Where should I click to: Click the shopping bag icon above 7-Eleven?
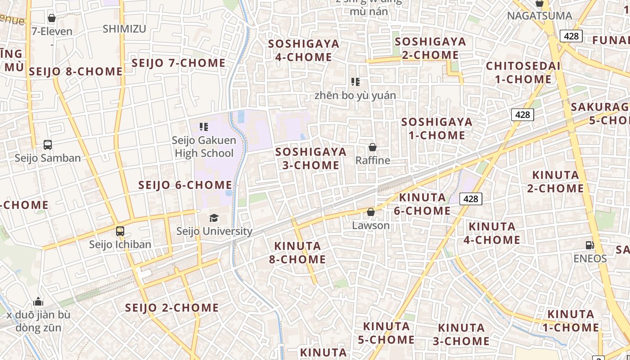pyautogui.click(x=52, y=18)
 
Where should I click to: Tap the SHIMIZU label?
pyautogui.click(x=124, y=29)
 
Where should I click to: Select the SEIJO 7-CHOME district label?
pyautogui.click(x=178, y=63)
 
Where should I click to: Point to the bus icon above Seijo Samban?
pyautogui.click(x=48, y=145)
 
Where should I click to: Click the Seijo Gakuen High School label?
pyautogui.click(x=204, y=147)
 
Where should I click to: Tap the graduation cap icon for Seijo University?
pyautogui.click(x=214, y=218)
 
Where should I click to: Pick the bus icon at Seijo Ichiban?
pyautogui.click(x=120, y=231)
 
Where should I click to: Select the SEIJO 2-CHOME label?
pyautogui.click(x=172, y=308)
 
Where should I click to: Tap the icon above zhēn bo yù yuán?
pyautogui.click(x=355, y=82)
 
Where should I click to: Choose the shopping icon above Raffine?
pyautogui.click(x=373, y=147)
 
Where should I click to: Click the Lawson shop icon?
pyautogui.click(x=371, y=212)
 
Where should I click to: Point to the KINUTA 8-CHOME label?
pyautogui.click(x=297, y=252)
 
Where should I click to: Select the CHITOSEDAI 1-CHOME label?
pyautogui.click(x=523, y=72)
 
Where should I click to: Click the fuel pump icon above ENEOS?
pyautogui.click(x=589, y=245)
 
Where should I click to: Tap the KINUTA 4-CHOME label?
pyautogui.click(x=492, y=233)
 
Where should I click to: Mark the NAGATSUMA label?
pyautogui.click(x=540, y=16)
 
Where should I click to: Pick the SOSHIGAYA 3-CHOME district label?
pyautogui.click(x=311, y=158)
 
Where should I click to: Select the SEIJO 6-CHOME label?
pyautogui.click(x=185, y=185)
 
